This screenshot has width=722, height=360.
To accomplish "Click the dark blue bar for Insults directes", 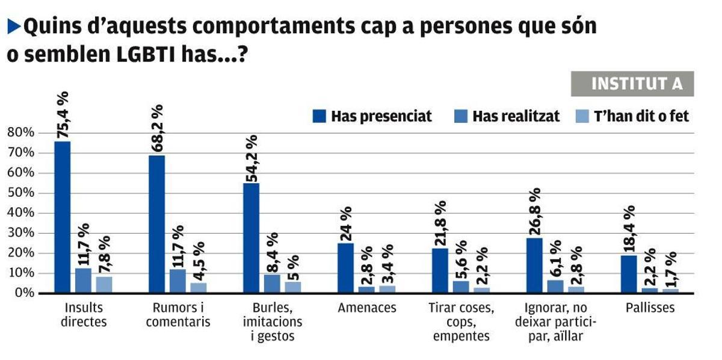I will click(62, 217).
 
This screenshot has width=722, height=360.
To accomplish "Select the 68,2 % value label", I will click(156, 129).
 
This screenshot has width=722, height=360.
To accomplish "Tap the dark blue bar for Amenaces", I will click(345, 268).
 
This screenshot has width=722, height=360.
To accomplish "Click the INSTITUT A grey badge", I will click(632, 84).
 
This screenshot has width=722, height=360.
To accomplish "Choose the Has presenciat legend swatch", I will click(319, 116).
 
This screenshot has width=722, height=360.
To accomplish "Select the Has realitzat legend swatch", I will click(460, 116).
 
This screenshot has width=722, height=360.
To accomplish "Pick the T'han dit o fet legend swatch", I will click(582, 116).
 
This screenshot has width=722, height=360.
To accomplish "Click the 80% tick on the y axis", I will click(22, 132).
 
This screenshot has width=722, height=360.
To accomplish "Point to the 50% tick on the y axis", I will click(22, 193).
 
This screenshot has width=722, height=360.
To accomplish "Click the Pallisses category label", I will click(641, 308).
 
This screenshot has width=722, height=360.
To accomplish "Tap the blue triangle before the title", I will click(13, 26).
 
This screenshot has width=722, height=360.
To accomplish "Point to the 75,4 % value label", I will click(62, 116).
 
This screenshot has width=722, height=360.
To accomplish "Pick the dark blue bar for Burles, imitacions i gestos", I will click(251, 238).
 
